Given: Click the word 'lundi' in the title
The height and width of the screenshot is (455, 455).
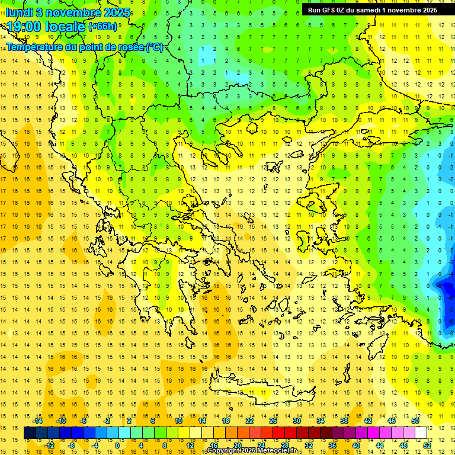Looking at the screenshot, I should tap(21, 12).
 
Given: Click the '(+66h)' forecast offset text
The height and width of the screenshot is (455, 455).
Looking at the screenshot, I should tap(103, 27).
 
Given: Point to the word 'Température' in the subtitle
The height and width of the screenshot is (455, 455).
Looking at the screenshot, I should tap(34, 47).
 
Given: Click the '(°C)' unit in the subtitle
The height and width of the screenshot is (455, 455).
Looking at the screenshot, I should tap(155, 47).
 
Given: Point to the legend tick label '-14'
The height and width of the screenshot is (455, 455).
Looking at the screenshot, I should tap(38, 421).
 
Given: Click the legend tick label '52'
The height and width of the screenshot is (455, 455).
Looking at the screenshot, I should tap(427, 445).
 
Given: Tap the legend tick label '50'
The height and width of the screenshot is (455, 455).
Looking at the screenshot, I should tap(415, 421).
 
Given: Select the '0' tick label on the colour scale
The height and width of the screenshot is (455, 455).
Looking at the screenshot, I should tap(117, 445).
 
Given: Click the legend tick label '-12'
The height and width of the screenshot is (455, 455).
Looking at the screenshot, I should tap(49, 445).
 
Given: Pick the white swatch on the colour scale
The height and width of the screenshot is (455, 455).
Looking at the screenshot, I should tap(421, 433).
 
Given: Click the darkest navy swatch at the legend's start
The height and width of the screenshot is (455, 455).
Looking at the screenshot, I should tap(30, 433).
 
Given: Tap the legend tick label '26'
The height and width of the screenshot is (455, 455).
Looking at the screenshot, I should tap(273, 421).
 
